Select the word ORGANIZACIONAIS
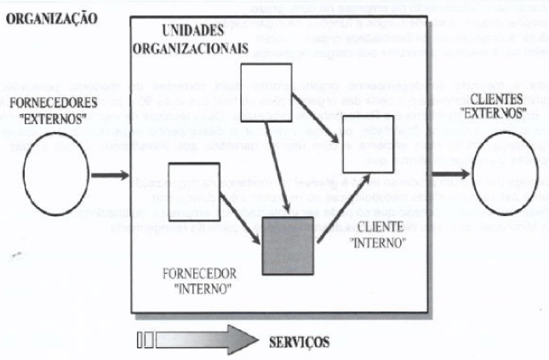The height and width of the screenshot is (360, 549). (x=190, y=49)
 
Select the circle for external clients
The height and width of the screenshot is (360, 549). (x=506, y=177)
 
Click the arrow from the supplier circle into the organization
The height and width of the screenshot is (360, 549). (x=109, y=177)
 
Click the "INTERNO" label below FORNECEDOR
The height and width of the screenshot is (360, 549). (x=195, y=289)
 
